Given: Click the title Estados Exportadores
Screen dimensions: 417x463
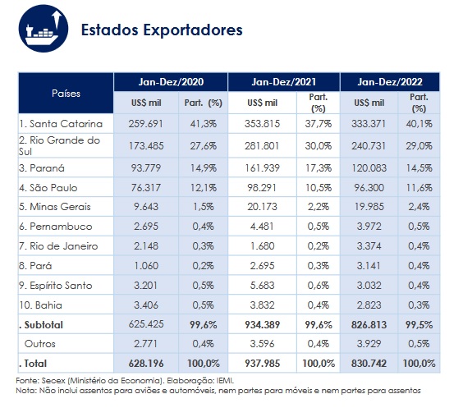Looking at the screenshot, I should click(x=162, y=31).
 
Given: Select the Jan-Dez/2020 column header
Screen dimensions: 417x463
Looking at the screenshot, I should click(x=170, y=82).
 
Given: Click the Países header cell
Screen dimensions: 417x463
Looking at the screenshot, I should click(x=65, y=93).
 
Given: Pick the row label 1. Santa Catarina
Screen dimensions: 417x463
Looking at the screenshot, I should click(x=60, y=124).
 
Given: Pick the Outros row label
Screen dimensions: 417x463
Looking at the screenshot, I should click(x=41, y=343).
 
